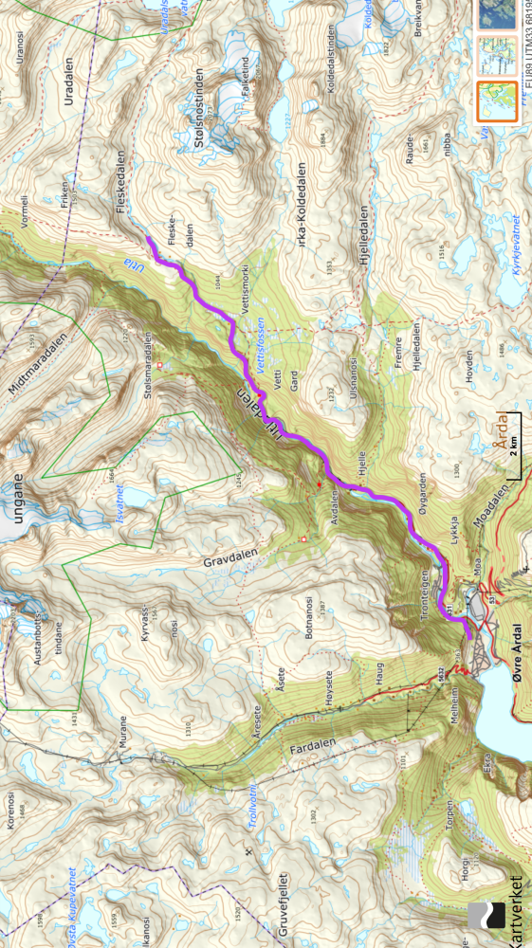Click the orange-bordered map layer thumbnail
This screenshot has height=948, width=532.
point(496,102)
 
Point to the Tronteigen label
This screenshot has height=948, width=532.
point(424,592)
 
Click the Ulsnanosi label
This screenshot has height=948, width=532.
point(354,375)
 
